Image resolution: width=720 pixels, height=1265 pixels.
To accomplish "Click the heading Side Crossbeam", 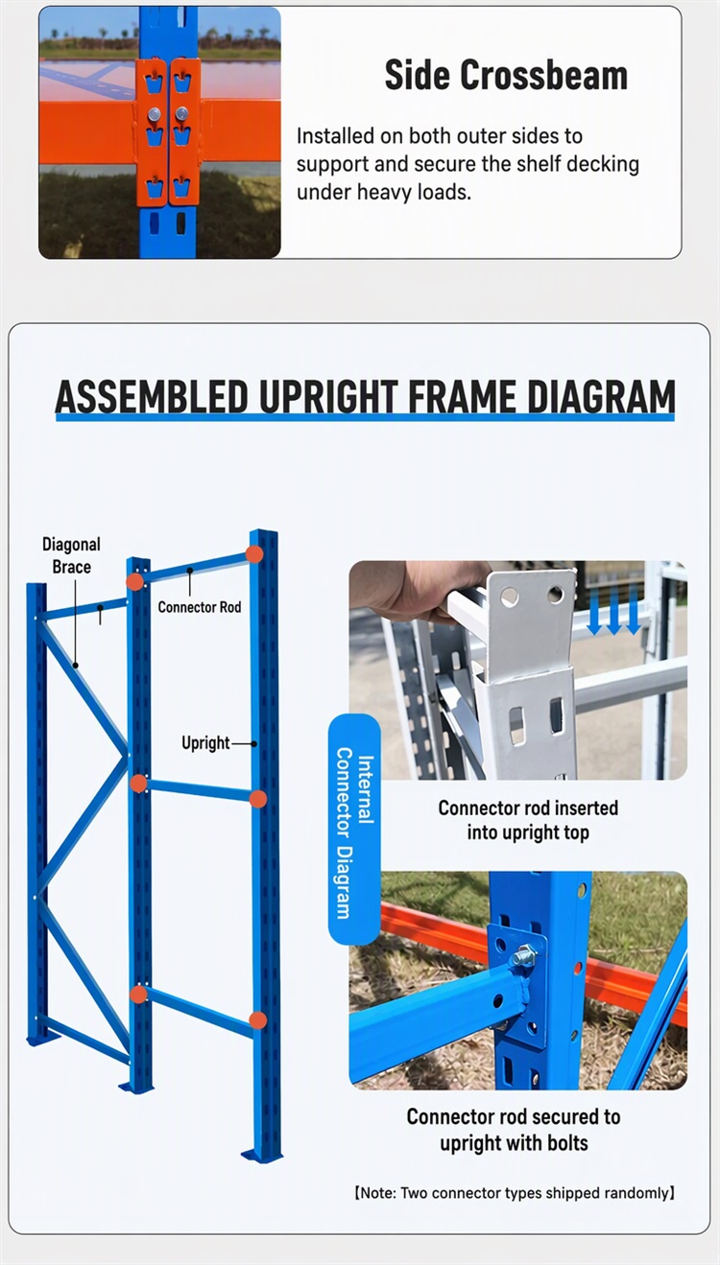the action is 506,75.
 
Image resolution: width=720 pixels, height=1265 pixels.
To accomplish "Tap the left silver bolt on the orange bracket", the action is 155,115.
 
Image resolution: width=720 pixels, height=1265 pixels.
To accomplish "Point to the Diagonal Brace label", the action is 71,555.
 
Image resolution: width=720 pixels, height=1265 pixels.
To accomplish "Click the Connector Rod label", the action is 200,607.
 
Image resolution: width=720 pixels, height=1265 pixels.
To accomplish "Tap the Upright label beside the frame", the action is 205,743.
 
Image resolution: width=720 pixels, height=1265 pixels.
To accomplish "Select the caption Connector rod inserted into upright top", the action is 528,820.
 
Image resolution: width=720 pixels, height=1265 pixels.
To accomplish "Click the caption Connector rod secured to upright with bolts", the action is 514,1130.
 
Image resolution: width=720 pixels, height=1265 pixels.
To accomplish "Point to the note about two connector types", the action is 515,1193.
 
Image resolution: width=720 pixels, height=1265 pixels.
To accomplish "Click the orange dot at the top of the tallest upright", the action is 254,554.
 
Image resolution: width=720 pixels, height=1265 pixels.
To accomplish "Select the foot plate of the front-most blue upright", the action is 261,1156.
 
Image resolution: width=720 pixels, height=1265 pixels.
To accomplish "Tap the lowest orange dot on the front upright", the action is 257,1020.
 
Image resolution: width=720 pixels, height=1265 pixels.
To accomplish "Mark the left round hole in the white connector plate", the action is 509,596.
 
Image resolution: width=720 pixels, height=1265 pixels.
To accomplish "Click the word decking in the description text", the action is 603,165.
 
